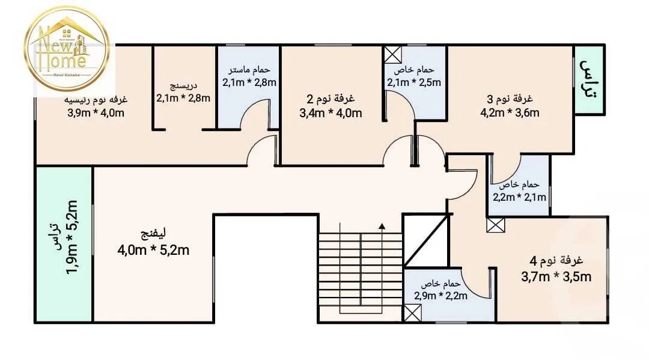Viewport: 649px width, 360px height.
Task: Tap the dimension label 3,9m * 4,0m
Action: pos(96,112)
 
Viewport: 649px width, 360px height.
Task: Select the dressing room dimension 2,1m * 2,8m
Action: pos(183,98)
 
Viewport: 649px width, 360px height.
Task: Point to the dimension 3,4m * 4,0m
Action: pos(331,113)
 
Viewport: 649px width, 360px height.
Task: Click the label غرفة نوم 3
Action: pos(510,99)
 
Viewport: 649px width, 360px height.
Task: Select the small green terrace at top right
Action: pos(590,79)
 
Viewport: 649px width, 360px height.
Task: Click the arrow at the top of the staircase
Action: pos(381,227)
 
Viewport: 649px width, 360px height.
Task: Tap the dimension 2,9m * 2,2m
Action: pos(441,295)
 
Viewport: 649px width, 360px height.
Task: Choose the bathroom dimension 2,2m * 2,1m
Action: pos(520,197)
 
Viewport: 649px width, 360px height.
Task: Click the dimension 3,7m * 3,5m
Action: pos(556,276)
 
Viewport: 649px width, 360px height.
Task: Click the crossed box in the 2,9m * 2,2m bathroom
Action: pos(413,313)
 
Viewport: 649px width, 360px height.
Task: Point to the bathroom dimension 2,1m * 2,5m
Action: pos(414,82)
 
